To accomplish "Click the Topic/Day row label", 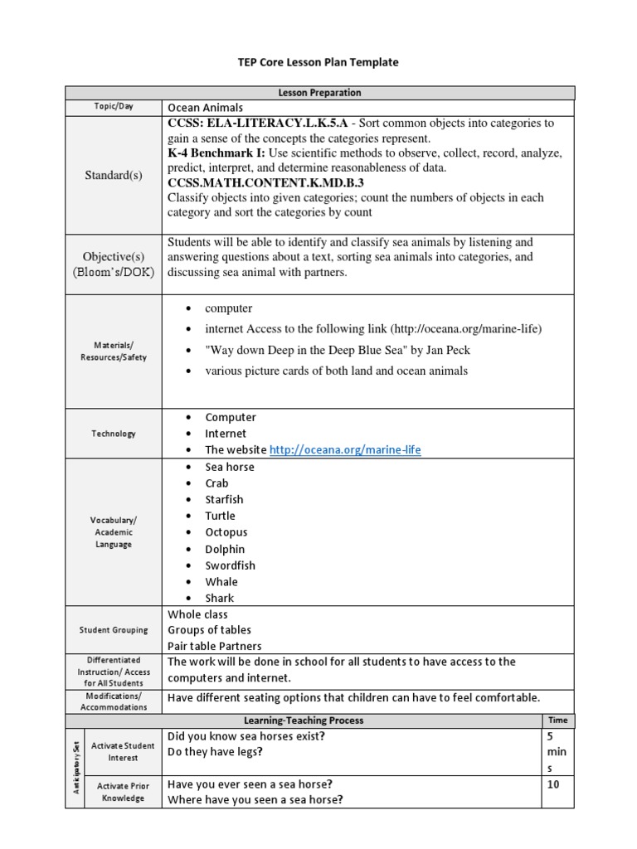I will click(x=114, y=107).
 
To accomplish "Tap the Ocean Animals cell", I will click(x=206, y=108).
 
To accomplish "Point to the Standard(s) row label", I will click(x=114, y=175).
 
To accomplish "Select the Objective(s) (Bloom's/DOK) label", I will click(x=114, y=264).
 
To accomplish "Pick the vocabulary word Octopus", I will click(x=226, y=532).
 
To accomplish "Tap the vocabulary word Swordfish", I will click(x=230, y=565).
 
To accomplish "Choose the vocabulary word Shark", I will click(x=220, y=598).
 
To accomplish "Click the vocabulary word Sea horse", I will click(x=230, y=467).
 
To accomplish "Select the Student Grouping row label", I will click(x=114, y=630).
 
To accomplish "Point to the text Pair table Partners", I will click(x=214, y=646).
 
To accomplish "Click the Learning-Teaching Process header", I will click(x=304, y=720).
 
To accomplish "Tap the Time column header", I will click(x=558, y=720).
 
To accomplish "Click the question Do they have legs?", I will click(x=215, y=752).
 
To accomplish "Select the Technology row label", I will click(x=114, y=434).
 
